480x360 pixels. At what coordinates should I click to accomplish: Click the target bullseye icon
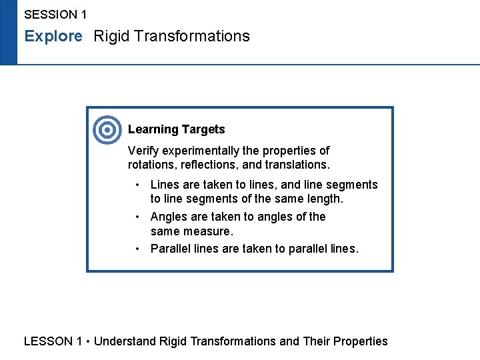107,130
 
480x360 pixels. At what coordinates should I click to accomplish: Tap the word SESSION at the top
50,14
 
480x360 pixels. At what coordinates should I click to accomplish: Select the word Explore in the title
53,36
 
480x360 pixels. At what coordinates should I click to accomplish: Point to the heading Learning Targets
177,129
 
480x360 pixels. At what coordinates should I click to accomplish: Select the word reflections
211,164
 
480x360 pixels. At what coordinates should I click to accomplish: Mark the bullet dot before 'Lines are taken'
137,185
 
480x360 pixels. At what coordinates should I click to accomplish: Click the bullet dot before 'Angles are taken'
137,217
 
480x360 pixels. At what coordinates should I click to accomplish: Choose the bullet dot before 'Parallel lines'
137,249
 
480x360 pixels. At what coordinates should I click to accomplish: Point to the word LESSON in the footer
48,341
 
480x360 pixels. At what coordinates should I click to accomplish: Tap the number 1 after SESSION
83,14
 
